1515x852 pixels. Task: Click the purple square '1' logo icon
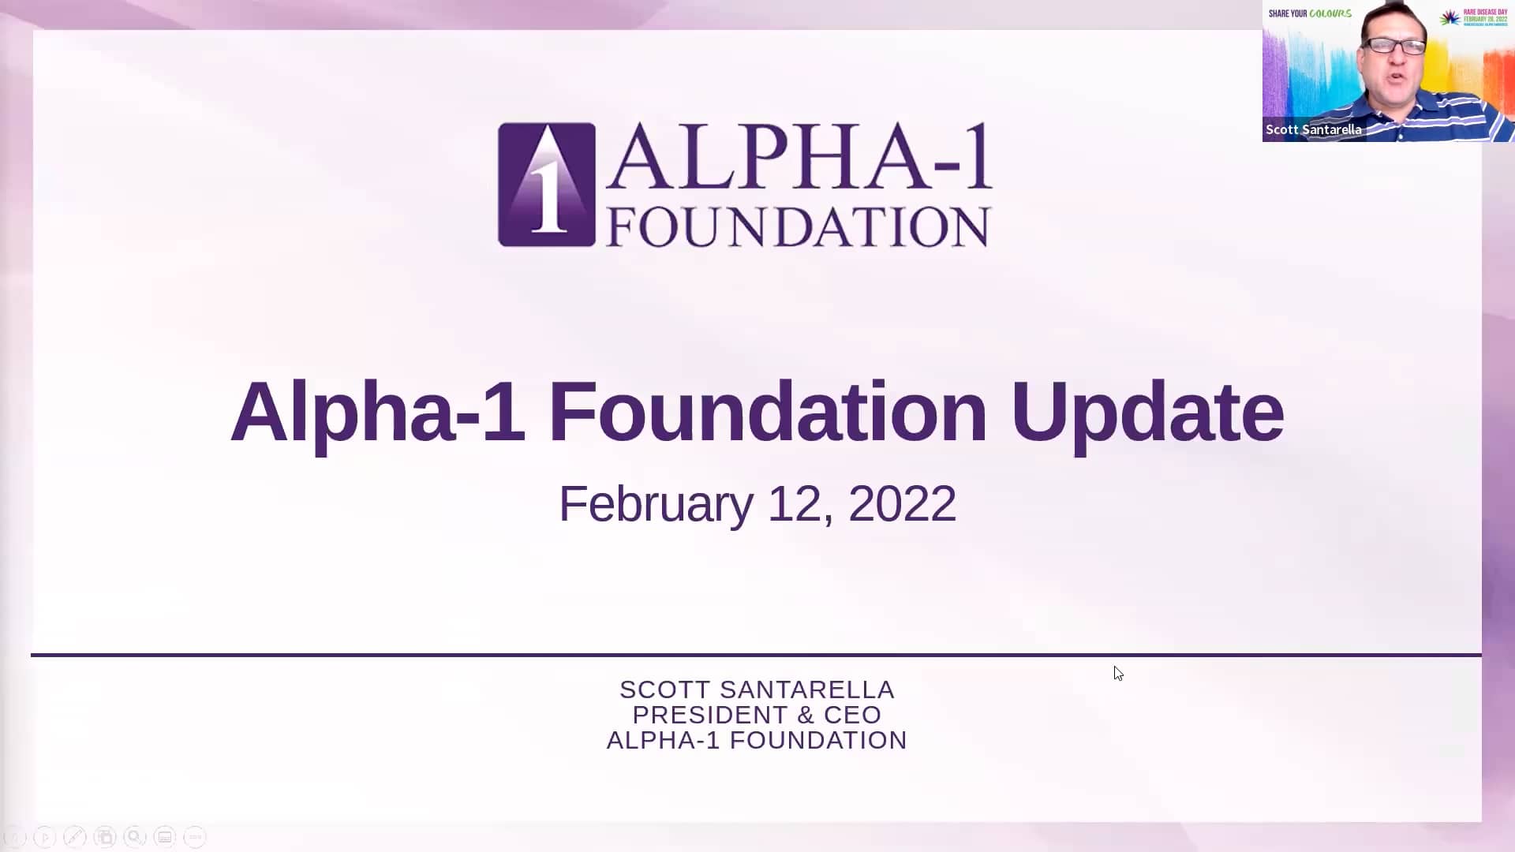[546, 185]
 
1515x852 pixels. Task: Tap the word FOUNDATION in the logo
[798, 227]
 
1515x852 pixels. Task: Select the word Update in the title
[1147, 412]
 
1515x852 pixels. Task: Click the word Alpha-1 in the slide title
[377, 412]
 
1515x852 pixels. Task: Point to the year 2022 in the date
[902, 503]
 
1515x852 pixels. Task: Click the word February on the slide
[656, 503]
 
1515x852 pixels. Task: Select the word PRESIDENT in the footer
[710, 715]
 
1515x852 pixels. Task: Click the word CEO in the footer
[852, 715]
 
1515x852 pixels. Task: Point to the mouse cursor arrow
[1118, 673]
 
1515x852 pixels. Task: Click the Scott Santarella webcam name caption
[1313, 129]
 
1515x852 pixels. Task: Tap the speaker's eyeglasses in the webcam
[1394, 46]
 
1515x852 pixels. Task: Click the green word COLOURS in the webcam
[1331, 13]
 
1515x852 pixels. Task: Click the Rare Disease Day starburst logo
[1450, 17]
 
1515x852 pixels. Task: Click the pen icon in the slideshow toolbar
[74, 836]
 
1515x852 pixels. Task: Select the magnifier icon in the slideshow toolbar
[134, 836]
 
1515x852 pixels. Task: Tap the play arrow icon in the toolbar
[45, 836]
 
